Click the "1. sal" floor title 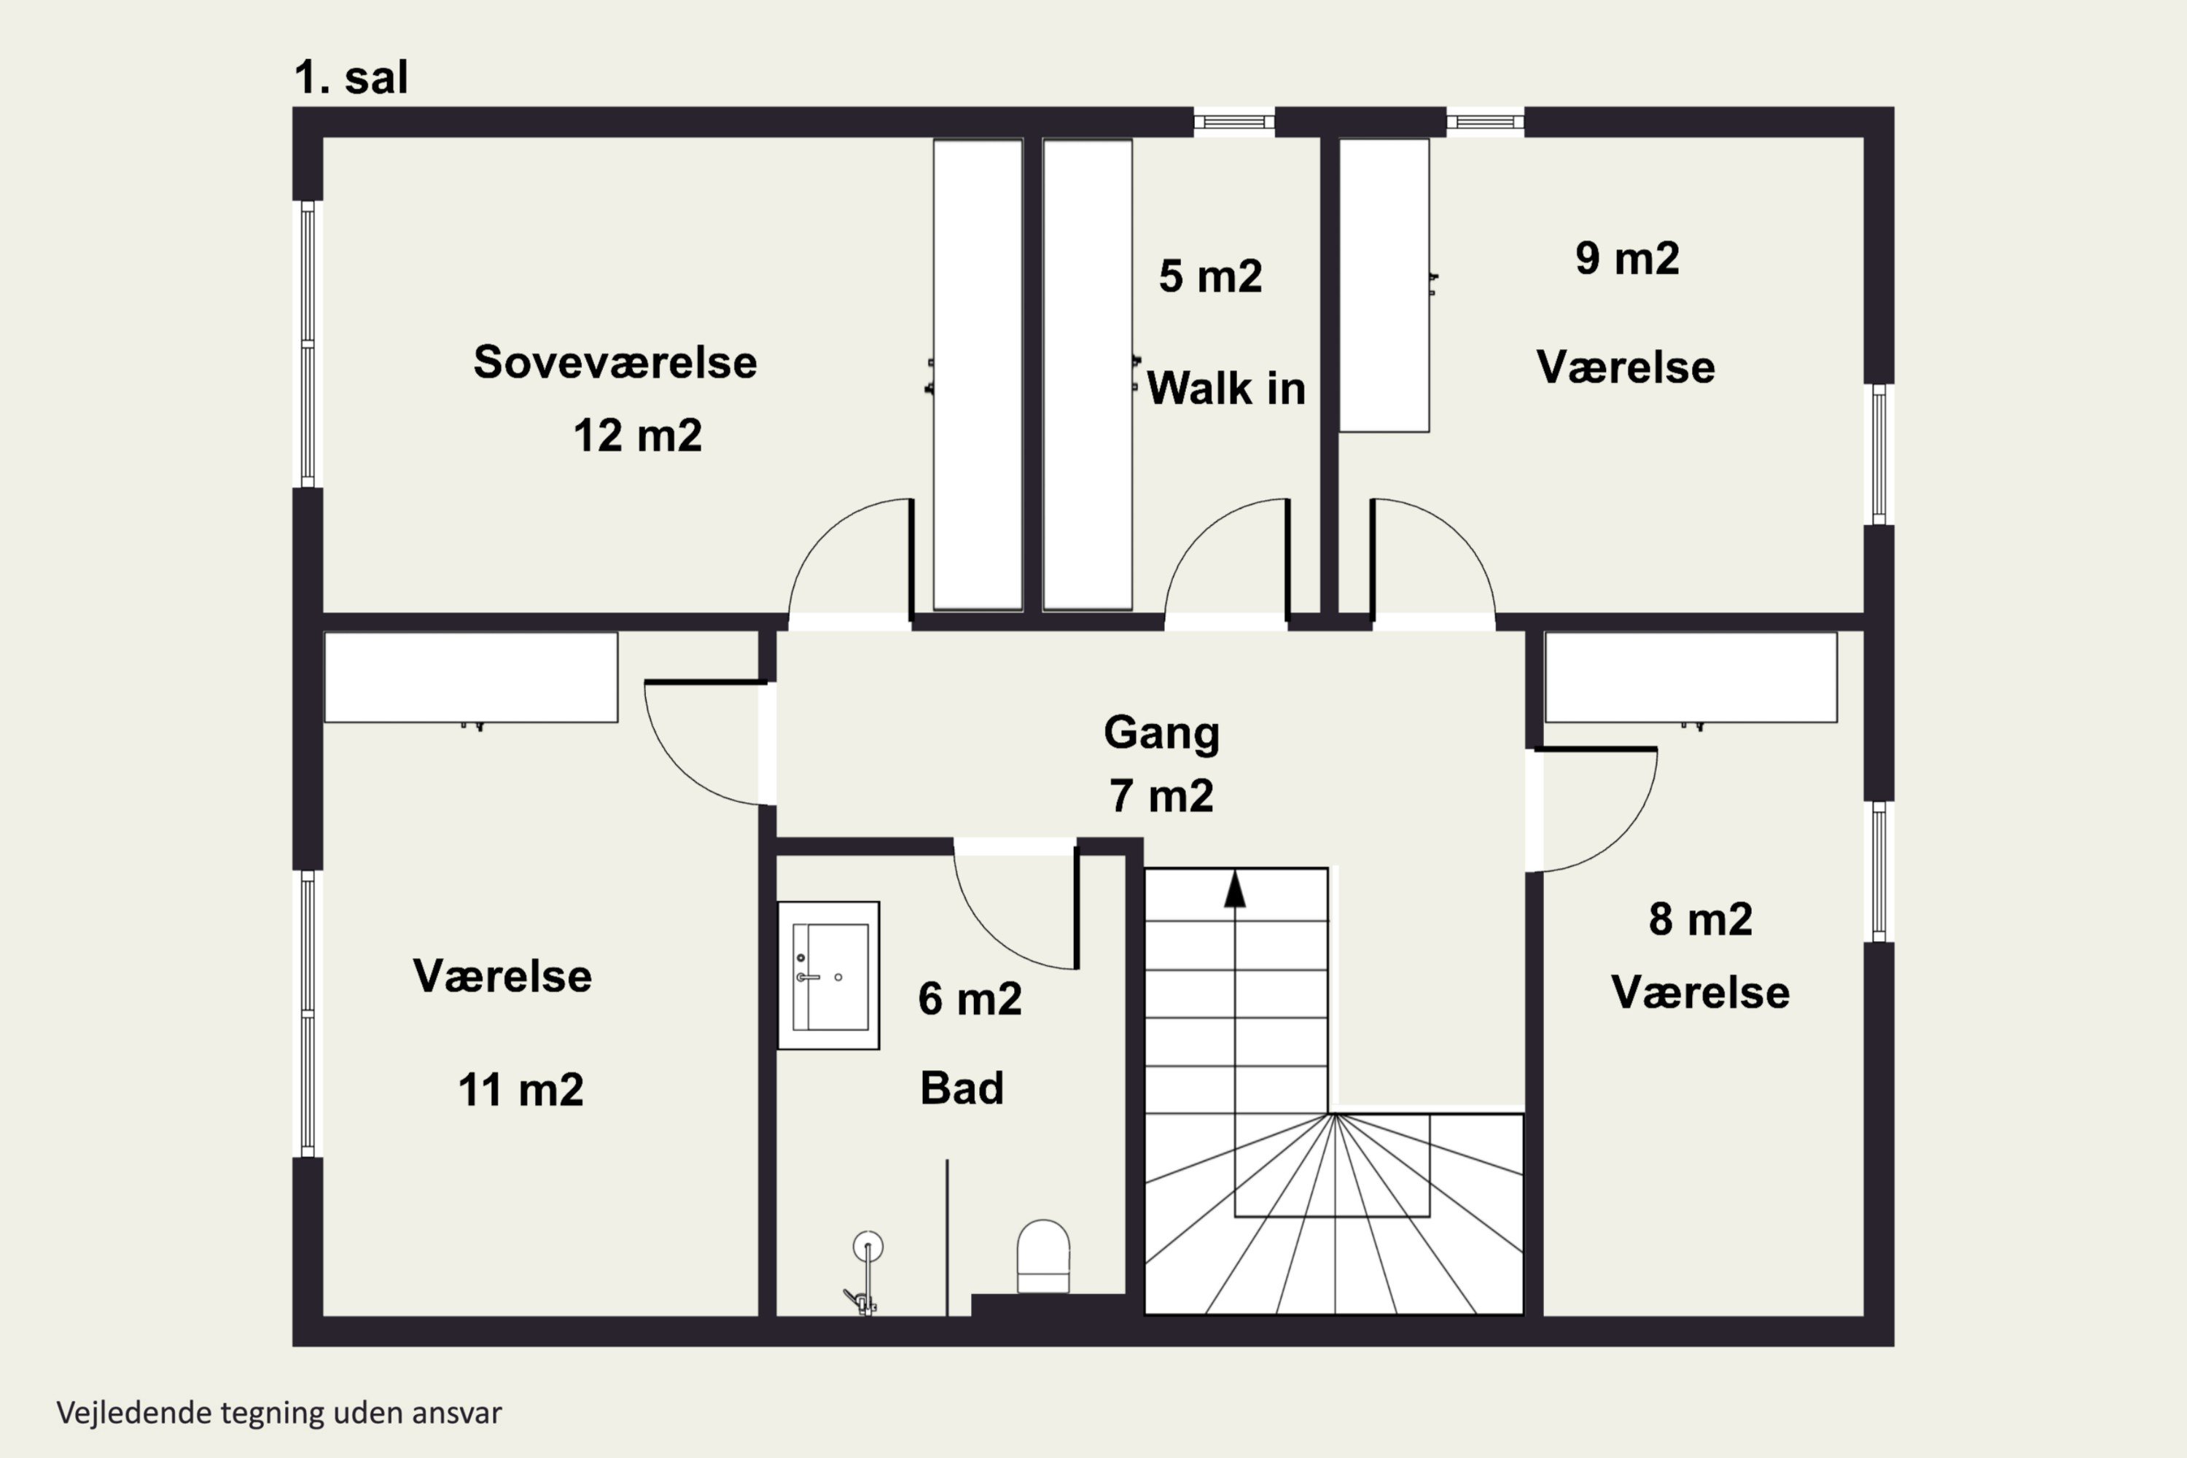(351, 77)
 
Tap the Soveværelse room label (615, 362)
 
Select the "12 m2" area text (637, 435)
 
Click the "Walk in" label (1225, 388)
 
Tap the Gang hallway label (1161, 733)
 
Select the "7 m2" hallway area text (1161, 796)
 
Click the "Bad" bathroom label (962, 1088)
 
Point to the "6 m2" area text (970, 999)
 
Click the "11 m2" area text (521, 1090)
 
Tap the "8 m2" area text (1701, 919)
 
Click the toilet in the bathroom (1043, 1256)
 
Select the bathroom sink (828, 975)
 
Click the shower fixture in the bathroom (865, 1274)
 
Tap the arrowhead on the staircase (1235, 890)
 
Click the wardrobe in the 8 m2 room (1691, 677)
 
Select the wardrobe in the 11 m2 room (470, 677)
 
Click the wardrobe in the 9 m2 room (1384, 286)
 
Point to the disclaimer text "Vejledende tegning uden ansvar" (279, 1413)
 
